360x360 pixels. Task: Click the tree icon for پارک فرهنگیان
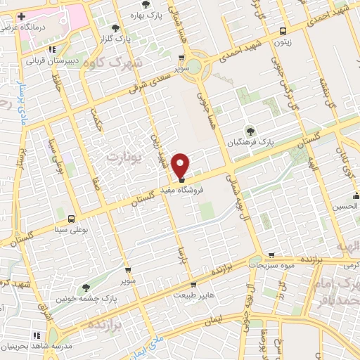pyautogui.click(x=250, y=130)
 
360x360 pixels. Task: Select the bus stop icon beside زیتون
pyautogui.click(x=283, y=31)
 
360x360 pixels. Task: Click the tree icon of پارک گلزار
pyautogui.click(x=115, y=27)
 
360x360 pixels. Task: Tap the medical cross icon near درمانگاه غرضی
pyautogui.click(x=22, y=15)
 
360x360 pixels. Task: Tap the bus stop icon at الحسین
pyautogui.click(x=356, y=195)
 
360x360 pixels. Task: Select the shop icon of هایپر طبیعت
pyautogui.click(x=193, y=285)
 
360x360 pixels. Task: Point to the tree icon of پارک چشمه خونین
pyautogui.click(x=86, y=287)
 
